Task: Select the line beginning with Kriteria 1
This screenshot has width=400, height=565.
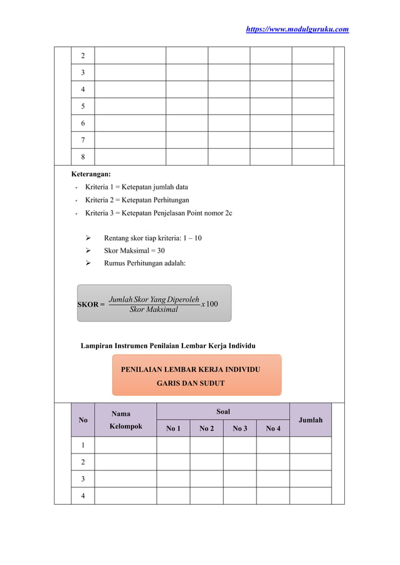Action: (x=136, y=187)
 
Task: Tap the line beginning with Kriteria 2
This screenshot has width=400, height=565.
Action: (x=137, y=200)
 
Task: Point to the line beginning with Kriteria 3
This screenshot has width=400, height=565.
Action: (x=158, y=213)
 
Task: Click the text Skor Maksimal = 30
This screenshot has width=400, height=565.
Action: (x=134, y=251)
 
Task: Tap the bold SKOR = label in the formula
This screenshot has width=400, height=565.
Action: (x=91, y=304)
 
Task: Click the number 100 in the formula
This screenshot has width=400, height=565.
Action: (x=212, y=304)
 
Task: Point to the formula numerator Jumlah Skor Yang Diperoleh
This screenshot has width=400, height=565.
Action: (x=154, y=299)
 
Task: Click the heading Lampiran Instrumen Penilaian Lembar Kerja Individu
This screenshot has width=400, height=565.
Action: (x=167, y=346)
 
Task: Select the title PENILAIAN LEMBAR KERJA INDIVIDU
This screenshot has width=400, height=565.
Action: (x=190, y=370)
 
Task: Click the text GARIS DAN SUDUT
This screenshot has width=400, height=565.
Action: (x=190, y=383)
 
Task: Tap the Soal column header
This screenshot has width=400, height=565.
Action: (x=223, y=411)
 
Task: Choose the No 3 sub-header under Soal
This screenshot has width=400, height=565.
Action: (x=239, y=428)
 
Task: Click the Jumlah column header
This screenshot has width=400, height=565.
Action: (x=310, y=420)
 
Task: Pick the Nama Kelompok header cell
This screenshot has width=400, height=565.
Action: (x=125, y=420)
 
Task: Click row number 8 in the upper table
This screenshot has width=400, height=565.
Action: (x=83, y=157)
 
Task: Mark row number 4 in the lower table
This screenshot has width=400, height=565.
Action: (x=83, y=495)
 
